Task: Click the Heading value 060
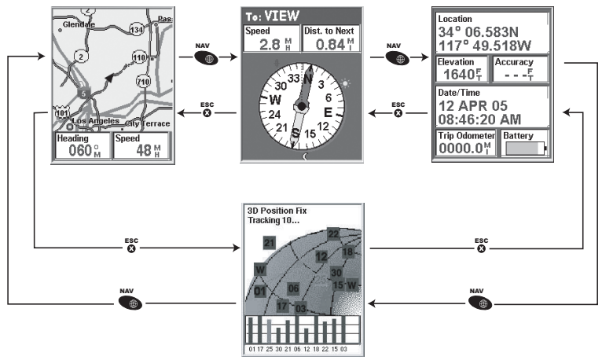[x=77, y=150]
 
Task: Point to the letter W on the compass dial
[x=275, y=101]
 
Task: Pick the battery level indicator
[x=523, y=149]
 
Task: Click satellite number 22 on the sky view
[x=333, y=233]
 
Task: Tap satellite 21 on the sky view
[x=269, y=241]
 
